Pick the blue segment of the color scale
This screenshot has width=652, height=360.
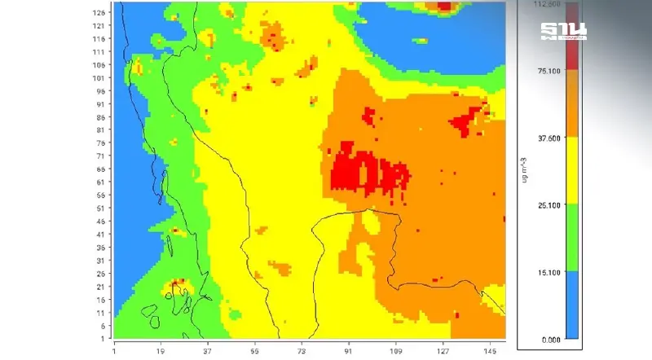point(573,305)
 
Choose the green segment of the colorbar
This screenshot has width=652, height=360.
point(573,238)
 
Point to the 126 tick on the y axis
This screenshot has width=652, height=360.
point(102,13)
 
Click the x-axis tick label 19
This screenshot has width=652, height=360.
point(161,351)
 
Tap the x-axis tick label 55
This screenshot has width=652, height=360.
point(255,351)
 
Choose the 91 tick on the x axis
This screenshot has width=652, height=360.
point(349,351)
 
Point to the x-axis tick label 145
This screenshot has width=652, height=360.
point(490,351)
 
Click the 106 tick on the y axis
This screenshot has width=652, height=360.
point(102,65)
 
